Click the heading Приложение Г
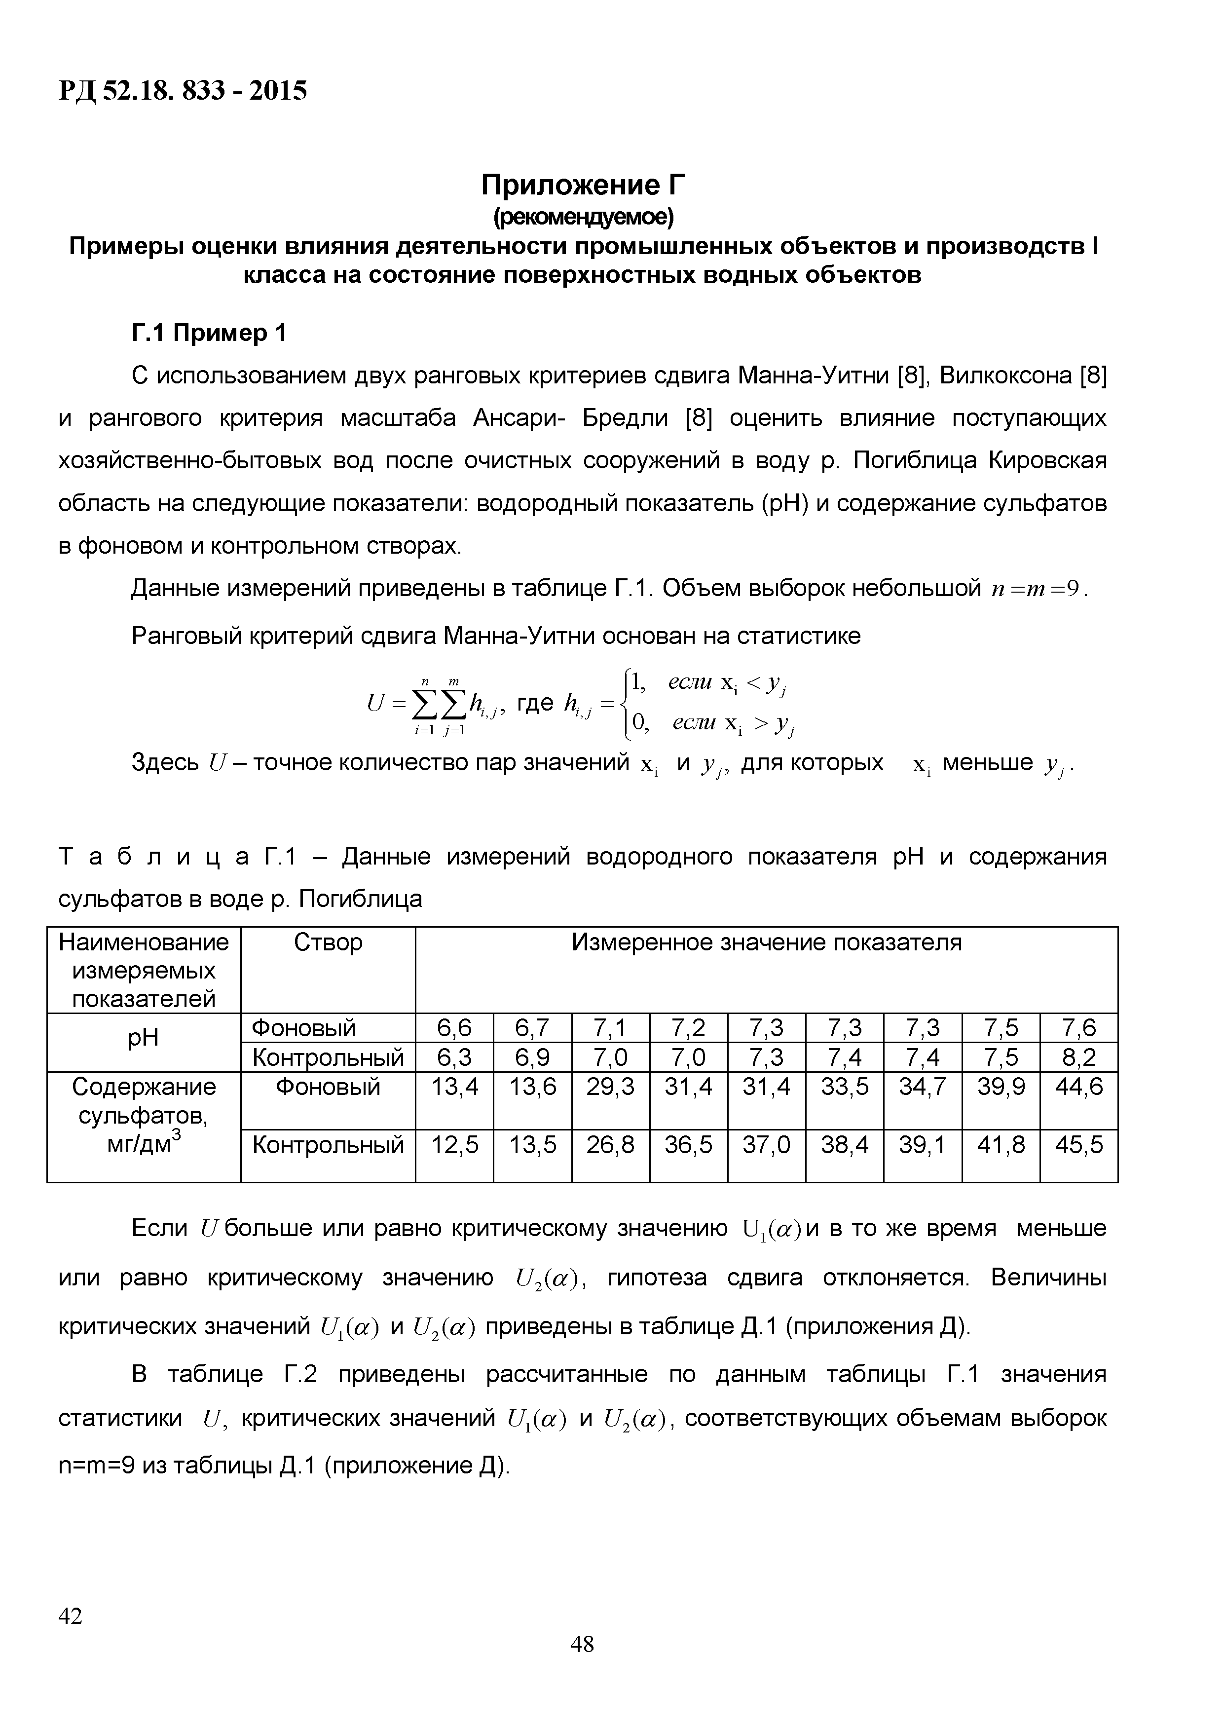pos(583,185)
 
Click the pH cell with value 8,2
pos(1078,1058)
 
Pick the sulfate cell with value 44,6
pos(1078,1087)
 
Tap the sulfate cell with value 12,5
pos(454,1146)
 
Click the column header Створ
pos(328,943)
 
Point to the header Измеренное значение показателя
pos(766,943)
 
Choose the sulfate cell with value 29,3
pos(610,1087)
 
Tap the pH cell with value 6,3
pos(454,1058)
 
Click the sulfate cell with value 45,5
pos(1078,1146)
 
